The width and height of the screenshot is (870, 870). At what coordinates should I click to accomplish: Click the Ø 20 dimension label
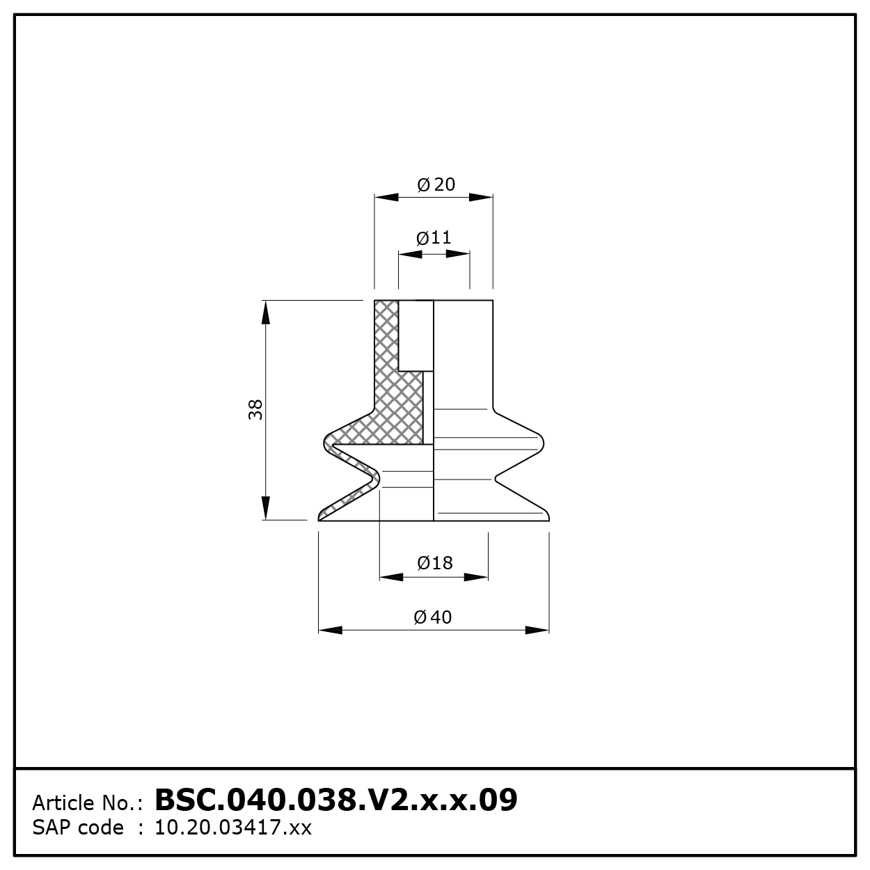(436, 184)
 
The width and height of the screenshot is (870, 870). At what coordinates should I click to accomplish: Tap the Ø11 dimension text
(434, 238)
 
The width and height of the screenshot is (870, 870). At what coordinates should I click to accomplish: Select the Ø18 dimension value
(435, 563)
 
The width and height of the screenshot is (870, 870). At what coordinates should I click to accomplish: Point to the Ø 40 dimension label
(432, 617)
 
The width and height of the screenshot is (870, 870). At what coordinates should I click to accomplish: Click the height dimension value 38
(255, 409)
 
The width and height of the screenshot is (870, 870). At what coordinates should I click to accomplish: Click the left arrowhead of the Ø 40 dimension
(330, 631)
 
